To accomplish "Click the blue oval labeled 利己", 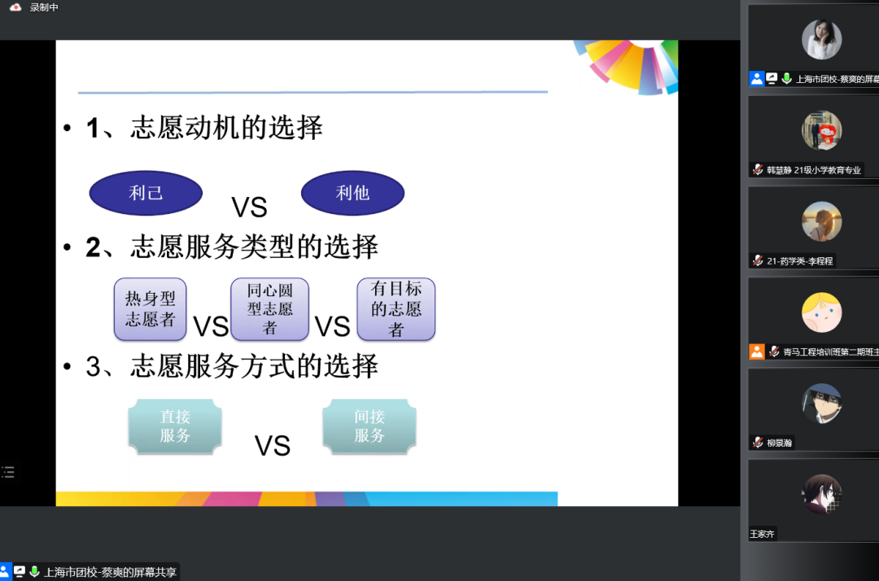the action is coord(146,193).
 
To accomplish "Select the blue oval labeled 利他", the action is coord(352,193).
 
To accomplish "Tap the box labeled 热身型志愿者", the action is coord(151,308).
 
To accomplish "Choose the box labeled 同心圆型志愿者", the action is coord(269,308).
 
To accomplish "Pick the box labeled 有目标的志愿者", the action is coord(396,308).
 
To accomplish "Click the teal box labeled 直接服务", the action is coord(175,426).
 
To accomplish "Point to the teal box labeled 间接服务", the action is coord(370,426).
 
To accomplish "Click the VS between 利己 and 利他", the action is coord(250,207).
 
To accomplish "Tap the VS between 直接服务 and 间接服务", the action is coord(273,446).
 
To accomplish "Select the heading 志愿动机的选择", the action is coord(226,128).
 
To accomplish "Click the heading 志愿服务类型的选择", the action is coord(255,247).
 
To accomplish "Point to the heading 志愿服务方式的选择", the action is coord(255,366).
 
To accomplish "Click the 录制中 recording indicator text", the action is coord(44,7).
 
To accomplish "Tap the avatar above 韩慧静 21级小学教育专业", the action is coord(822,130).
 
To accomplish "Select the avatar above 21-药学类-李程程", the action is coord(822,221).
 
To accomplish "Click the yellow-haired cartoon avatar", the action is coord(822,312).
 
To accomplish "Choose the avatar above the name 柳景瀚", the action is coord(822,404).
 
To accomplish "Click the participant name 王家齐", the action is coord(762,534).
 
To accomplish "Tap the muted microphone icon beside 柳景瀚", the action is coord(758,443).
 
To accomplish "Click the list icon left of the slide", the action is coord(8,472).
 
